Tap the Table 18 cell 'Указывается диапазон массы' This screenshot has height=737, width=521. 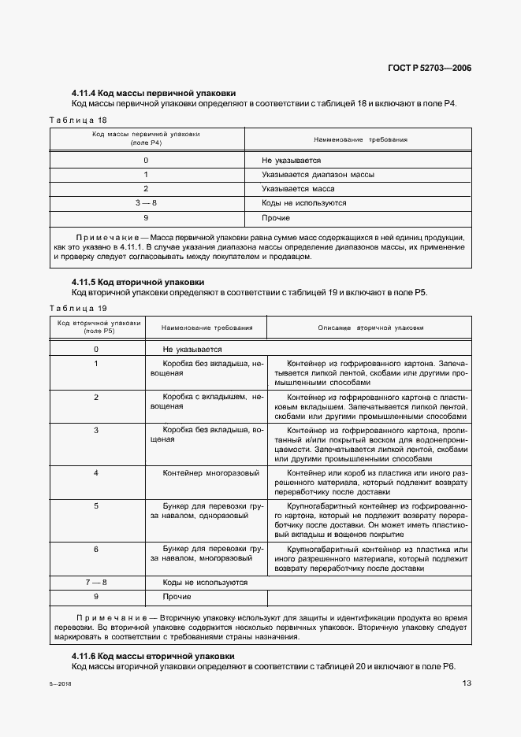coord(318,175)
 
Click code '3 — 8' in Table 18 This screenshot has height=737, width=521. coord(146,203)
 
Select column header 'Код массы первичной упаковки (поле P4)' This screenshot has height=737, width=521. coord(146,139)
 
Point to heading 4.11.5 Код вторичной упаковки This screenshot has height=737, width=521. coord(138,281)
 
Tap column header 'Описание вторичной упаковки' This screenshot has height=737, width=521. coord(370,328)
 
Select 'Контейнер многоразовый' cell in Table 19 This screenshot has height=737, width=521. coord(210,472)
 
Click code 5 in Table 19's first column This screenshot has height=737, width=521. coord(96,506)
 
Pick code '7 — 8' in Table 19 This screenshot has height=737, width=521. coord(96,583)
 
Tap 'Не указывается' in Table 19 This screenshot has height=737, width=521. coord(192,349)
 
